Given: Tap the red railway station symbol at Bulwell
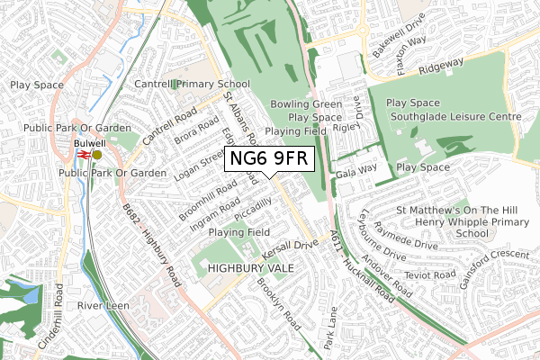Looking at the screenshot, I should tap(83, 155).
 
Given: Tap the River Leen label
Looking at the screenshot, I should tap(100, 306).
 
